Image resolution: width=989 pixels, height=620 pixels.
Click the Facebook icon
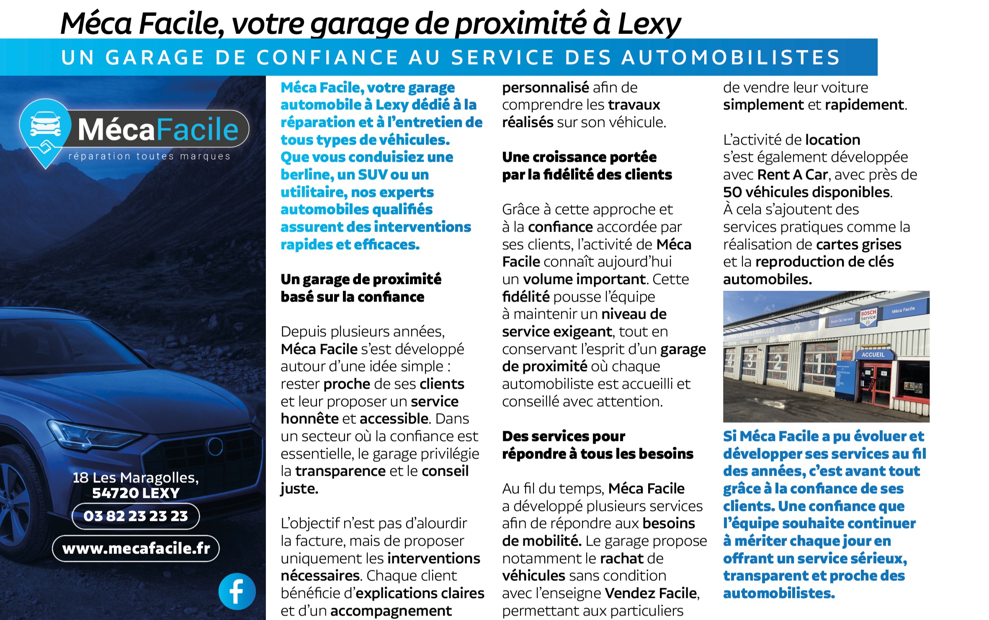(237, 591)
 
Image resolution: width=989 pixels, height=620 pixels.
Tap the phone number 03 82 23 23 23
(136, 516)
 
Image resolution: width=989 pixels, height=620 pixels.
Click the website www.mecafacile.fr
(136, 548)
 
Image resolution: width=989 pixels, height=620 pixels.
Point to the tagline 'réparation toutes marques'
(149, 156)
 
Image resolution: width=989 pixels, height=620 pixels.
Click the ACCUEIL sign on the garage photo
(873, 355)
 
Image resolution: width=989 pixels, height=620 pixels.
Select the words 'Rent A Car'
(792, 175)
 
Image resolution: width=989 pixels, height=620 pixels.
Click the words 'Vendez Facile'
(651, 593)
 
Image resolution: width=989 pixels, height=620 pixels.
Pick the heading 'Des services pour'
(563, 436)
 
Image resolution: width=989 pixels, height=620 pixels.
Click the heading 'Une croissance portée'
(579, 157)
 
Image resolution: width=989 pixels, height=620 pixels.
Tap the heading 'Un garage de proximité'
(361, 279)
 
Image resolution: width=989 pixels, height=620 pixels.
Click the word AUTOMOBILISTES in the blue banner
(731, 57)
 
